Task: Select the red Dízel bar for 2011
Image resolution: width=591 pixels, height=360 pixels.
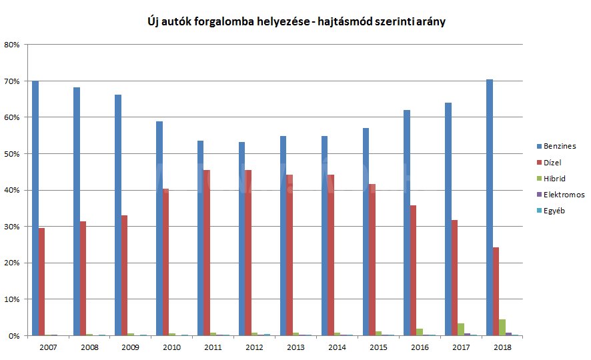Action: click(207, 253)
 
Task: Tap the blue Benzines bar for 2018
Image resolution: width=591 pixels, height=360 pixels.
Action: click(489, 207)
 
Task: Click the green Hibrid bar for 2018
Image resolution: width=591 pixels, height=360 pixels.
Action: click(502, 327)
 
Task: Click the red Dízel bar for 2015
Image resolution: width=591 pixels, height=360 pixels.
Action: click(372, 259)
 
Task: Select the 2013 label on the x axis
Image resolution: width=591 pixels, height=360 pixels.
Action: click(296, 348)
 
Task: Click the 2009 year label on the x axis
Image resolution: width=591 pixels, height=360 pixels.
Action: click(131, 348)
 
